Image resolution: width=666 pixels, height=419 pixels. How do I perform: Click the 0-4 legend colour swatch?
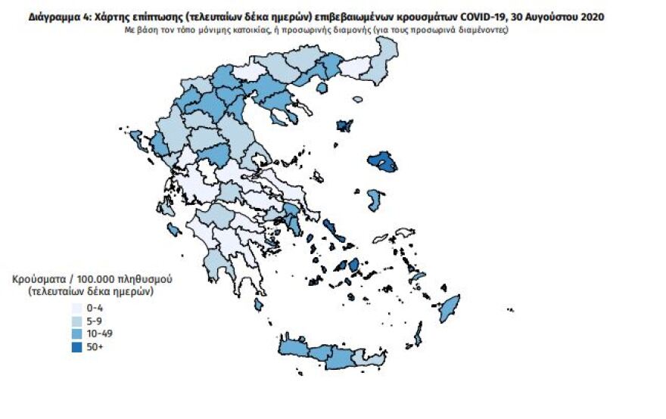pyautogui.click(x=76, y=309)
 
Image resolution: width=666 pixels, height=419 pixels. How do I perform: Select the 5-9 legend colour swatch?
pyautogui.click(x=76, y=321)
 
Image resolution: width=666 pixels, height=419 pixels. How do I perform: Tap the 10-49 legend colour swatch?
pyautogui.click(x=76, y=334)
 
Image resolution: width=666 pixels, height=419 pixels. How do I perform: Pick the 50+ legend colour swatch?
pyautogui.click(x=76, y=346)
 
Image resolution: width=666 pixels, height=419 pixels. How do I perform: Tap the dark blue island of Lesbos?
pyautogui.click(x=383, y=162)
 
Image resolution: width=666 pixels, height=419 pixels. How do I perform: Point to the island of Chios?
pyautogui.click(x=375, y=200)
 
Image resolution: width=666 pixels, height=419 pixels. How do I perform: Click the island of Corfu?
pyautogui.click(x=137, y=138)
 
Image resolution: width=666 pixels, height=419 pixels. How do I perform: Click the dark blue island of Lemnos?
pyautogui.click(x=344, y=126)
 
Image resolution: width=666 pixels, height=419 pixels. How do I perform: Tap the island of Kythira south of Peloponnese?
pyautogui.click(x=259, y=304)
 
